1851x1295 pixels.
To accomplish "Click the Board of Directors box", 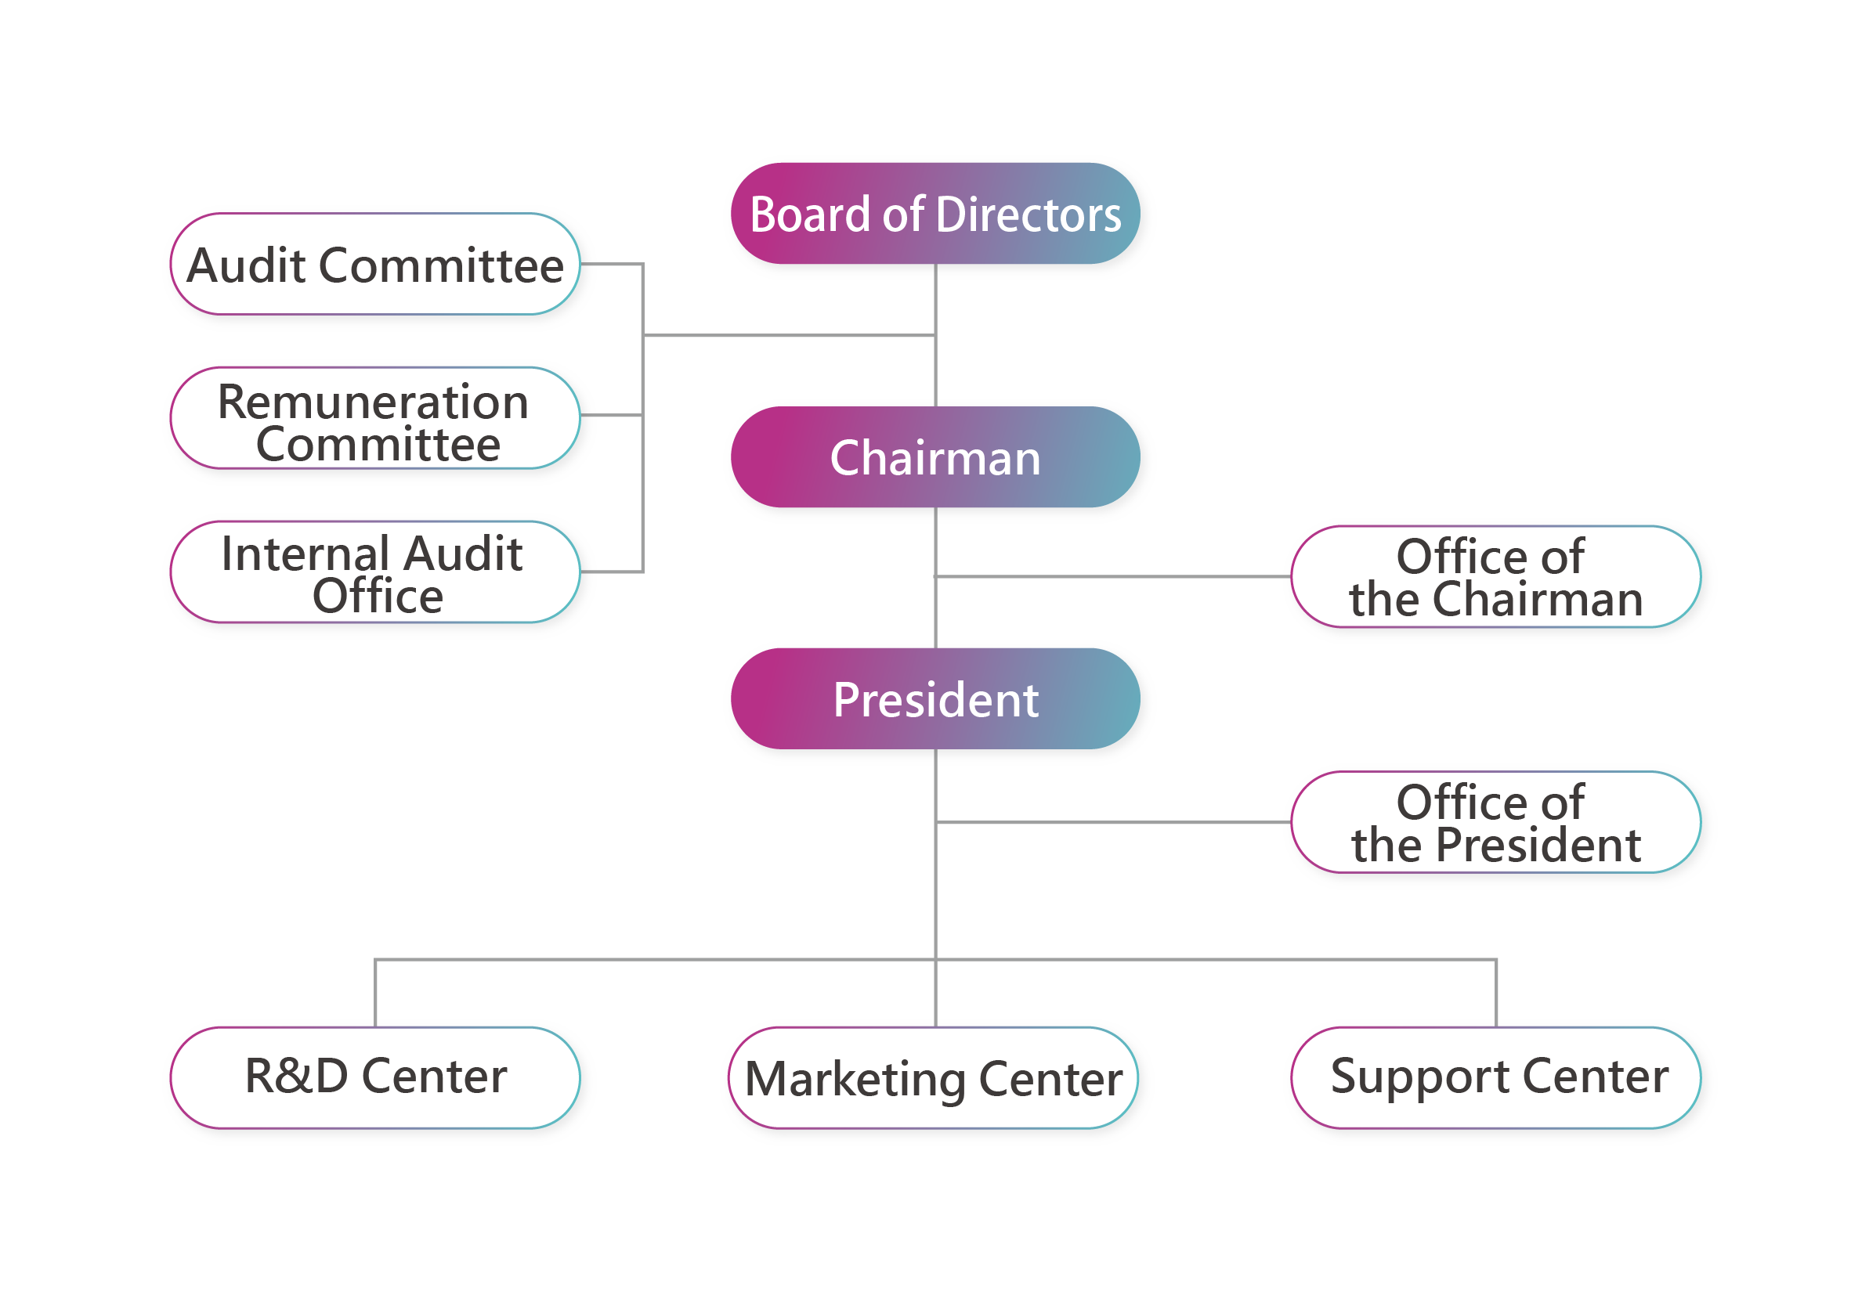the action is [935, 214].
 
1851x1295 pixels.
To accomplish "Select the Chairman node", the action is [935, 457].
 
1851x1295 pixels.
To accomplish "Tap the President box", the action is [935, 698].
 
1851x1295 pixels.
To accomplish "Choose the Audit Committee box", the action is [375, 265].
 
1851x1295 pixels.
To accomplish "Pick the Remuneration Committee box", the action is [375, 418].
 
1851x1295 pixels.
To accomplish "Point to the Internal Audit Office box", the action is [375, 572].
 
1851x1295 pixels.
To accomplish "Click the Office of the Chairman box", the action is [1496, 577].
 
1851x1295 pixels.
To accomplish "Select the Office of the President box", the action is [1496, 823].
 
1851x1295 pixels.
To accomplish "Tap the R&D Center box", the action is [375, 1078].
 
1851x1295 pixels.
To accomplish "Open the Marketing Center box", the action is [934, 1078].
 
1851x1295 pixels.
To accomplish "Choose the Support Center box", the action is [1496, 1078].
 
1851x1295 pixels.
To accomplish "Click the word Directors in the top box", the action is [1029, 215].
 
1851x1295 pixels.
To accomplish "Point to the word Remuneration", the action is [374, 402].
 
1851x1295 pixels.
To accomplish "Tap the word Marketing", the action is [855, 1080].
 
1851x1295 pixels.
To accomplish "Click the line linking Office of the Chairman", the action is [1113, 577].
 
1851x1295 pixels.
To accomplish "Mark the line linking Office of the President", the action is [1113, 823].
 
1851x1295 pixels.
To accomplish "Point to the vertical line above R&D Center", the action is [375, 994].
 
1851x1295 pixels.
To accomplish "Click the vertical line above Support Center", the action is [1496, 994].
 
